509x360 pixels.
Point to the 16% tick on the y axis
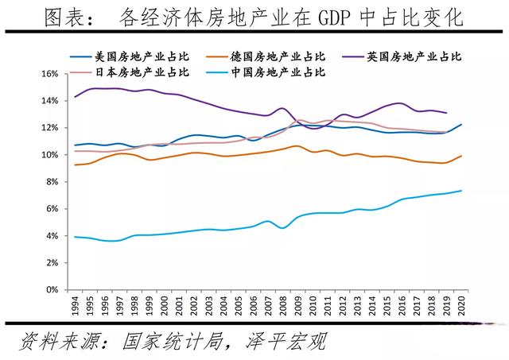50,74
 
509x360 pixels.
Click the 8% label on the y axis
52,182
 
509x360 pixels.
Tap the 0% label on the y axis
52,290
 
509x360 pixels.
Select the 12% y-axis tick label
50,128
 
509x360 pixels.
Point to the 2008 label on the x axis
282,306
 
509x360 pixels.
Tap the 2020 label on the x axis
460,306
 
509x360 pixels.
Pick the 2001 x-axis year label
179,306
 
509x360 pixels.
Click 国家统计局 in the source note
180,343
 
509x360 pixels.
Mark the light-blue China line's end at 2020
460,191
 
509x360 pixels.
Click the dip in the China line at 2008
282,228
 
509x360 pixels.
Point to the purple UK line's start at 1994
75,97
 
